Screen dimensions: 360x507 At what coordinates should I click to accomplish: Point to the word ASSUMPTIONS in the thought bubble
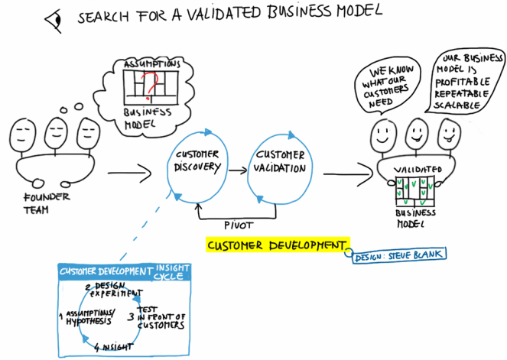pyautogui.click(x=151, y=65)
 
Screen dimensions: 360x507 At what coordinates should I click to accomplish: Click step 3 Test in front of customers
pyautogui.click(x=158, y=316)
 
